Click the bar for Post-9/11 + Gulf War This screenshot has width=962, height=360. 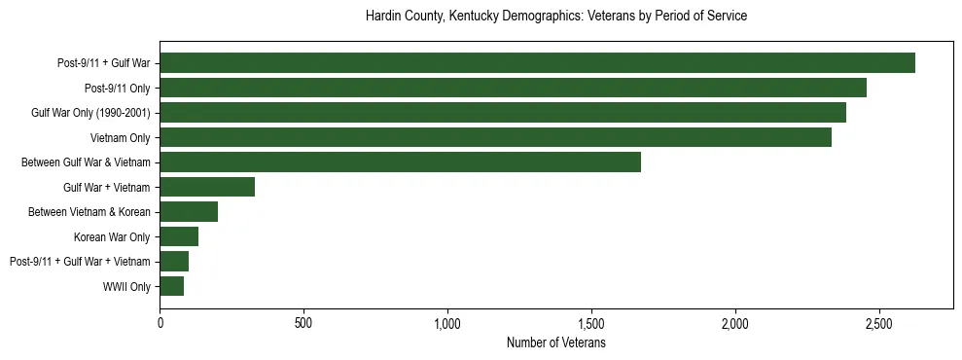pyautogui.click(x=537, y=63)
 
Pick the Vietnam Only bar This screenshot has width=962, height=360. pyautogui.click(x=495, y=137)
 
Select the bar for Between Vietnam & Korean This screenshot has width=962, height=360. pyautogui.click(x=189, y=212)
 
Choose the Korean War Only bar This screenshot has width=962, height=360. pyautogui.click(x=179, y=236)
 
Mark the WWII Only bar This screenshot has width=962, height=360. pyautogui.click(x=171, y=286)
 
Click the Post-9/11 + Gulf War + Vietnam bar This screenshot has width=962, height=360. pyautogui.click(x=174, y=262)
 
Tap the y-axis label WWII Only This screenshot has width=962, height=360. pyautogui.click(x=126, y=287)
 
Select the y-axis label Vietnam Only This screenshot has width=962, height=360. pyautogui.click(x=120, y=138)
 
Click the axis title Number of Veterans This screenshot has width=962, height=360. pyautogui.click(x=556, y=342)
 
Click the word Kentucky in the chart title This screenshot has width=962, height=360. pyautogui.click(x=471, y=17)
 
